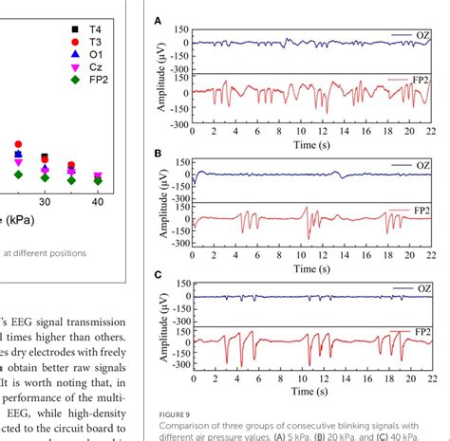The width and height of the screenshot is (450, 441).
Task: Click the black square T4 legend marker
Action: (75, 30)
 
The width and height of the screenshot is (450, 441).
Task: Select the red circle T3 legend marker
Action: (75, 44)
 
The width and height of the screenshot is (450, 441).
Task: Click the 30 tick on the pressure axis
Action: (44, 203)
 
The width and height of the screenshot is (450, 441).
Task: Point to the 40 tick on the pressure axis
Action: (97, 203)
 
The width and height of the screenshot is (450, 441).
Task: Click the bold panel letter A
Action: (158, 18)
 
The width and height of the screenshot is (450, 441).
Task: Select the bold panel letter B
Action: (158, 152)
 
